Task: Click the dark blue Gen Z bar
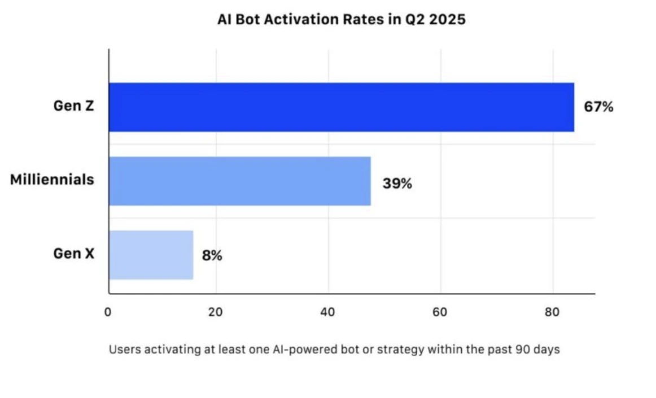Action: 341,107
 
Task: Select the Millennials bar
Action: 239,181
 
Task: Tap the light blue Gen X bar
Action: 151,255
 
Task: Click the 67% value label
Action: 598,107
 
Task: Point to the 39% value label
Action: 397,183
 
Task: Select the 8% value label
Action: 212,255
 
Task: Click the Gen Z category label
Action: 73,106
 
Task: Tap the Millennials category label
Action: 52,180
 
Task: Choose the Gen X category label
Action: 73,254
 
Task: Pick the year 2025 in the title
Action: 447,19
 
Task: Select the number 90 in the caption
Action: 522,350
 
